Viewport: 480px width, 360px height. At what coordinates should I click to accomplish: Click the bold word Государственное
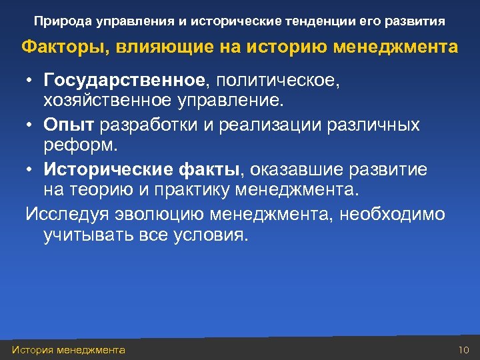tap(125, 81)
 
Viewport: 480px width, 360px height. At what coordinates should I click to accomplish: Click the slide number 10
tap(465, 350)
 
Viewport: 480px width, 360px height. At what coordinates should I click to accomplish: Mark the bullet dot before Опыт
tap(31, 125)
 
